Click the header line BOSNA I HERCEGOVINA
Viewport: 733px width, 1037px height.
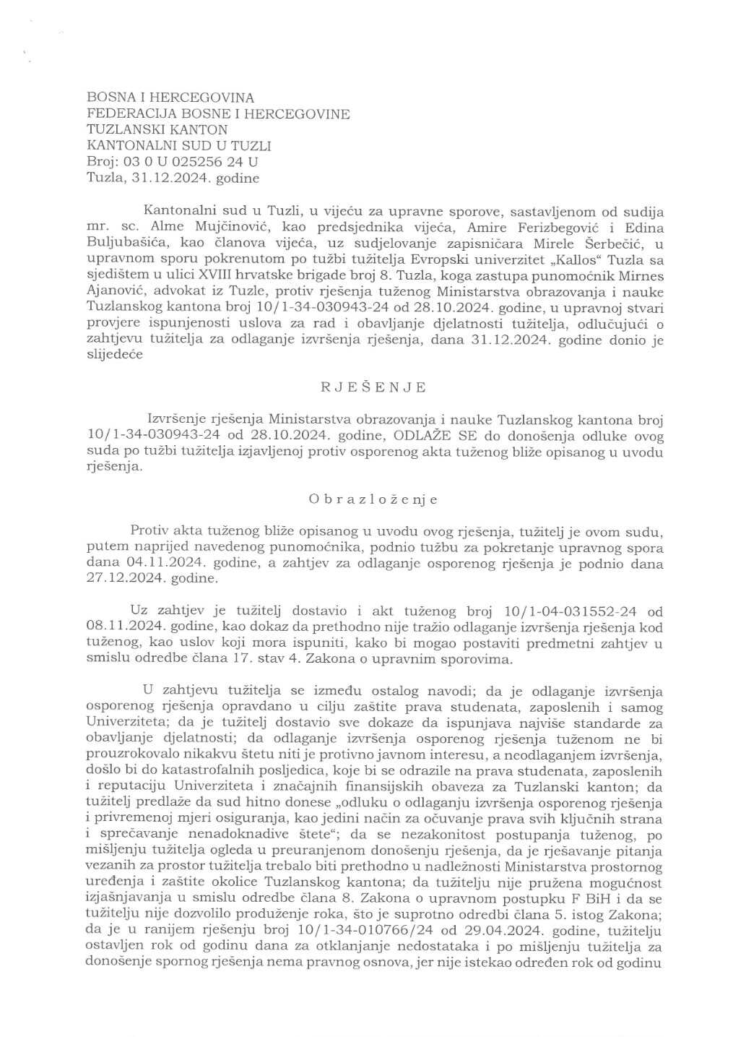point(170,98)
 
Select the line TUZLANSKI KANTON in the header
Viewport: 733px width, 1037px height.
point(157,130)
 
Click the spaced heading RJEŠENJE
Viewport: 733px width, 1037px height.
point(373,387)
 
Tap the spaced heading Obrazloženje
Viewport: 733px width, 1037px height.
point(373,499)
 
